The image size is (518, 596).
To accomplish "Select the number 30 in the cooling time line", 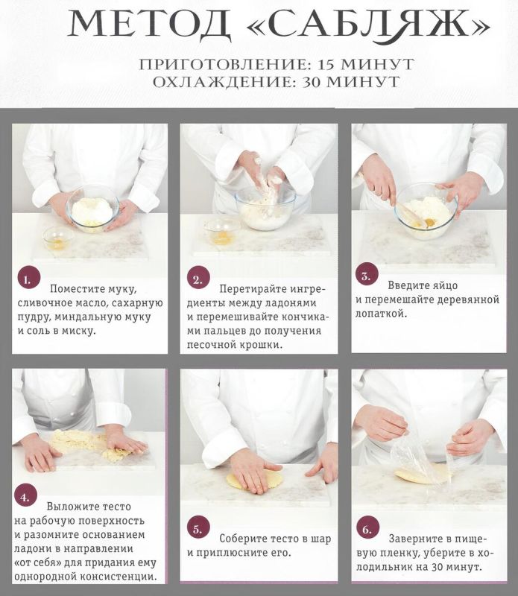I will point(316,82).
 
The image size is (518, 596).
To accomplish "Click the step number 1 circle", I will point(27,279).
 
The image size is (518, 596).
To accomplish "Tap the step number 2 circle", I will point(197,279).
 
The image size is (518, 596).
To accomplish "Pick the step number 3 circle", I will point(365,276).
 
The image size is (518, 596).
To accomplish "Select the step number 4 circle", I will point(26,497).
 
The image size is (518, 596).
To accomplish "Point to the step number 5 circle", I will point(197,530).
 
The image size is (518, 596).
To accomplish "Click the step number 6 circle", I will point(366,529).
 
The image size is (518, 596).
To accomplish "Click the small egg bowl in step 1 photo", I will point(58,238).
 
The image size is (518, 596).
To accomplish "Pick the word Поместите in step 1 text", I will point(83,288).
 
